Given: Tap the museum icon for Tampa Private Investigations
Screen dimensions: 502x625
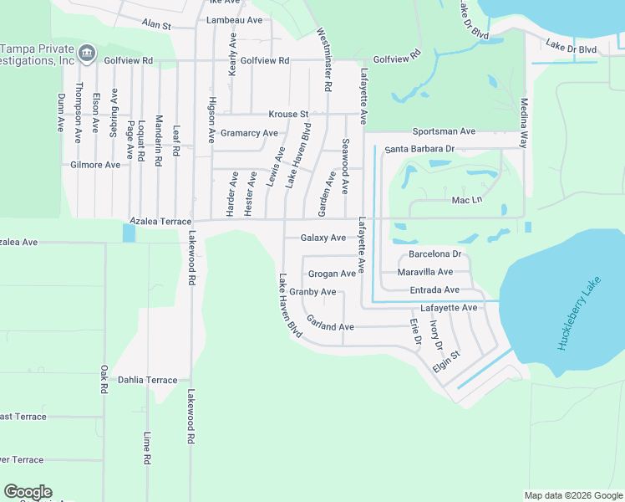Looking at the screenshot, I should tap(86, 54).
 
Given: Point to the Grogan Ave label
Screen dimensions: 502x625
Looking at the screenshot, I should tap(331, 274).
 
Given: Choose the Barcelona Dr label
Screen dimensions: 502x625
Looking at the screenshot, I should tap(434, 254).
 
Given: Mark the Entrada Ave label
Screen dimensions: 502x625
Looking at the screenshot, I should tap(434, 290).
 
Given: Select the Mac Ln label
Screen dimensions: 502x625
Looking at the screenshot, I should tap(467, 200).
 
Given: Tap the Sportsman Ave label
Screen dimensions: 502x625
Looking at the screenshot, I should tap(444, 132).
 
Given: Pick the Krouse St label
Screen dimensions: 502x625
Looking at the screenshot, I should tap(288, 114).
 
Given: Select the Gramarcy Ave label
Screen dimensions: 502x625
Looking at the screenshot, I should tap(249, 133).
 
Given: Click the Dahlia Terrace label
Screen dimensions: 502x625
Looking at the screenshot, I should tap(148, 380).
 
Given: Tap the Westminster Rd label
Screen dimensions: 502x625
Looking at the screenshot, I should tap(325, 59).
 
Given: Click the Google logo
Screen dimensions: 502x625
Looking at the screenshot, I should tap(28, 492).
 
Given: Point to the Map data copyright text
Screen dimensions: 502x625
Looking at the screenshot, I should tap(572, 495).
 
